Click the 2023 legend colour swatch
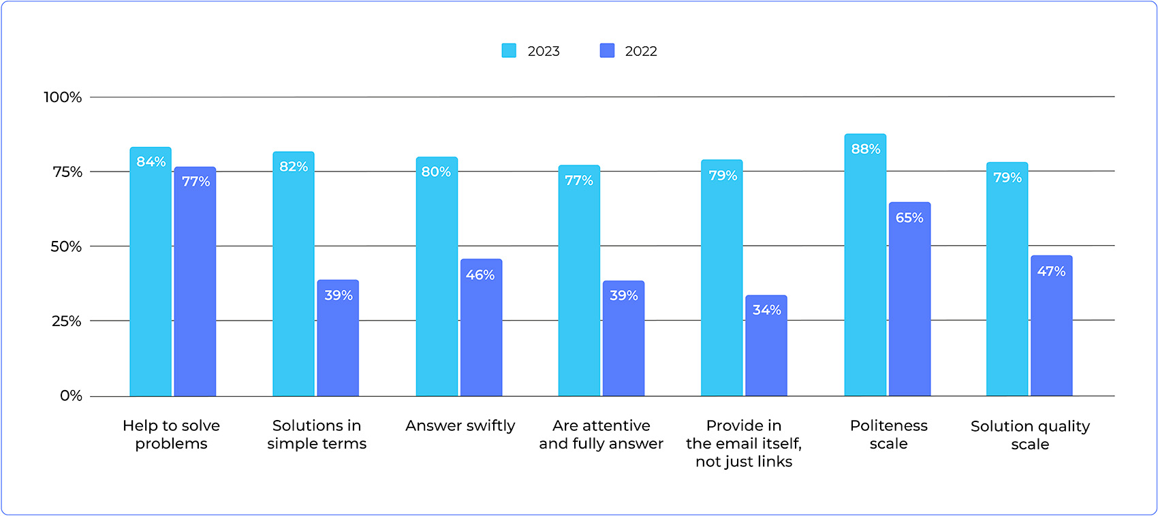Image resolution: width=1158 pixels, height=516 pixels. (509, 51)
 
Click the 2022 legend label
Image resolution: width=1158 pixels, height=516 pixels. (640, 51)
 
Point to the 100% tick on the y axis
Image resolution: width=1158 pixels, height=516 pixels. (63, 97)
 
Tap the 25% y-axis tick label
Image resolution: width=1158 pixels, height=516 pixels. (66, 321)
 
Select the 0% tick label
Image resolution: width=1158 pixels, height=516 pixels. (71, 396)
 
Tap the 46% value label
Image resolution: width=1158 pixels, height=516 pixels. (480, 275)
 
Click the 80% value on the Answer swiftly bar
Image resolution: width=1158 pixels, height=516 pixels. (436, 172)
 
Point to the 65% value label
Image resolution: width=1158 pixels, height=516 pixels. (909, 218)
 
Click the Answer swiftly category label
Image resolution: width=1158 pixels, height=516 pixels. (460, 426)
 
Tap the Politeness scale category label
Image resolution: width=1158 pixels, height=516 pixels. (889, 434)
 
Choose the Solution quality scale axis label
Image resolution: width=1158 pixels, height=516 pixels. (1030, 435)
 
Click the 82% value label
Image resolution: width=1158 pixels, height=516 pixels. (294, 167)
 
